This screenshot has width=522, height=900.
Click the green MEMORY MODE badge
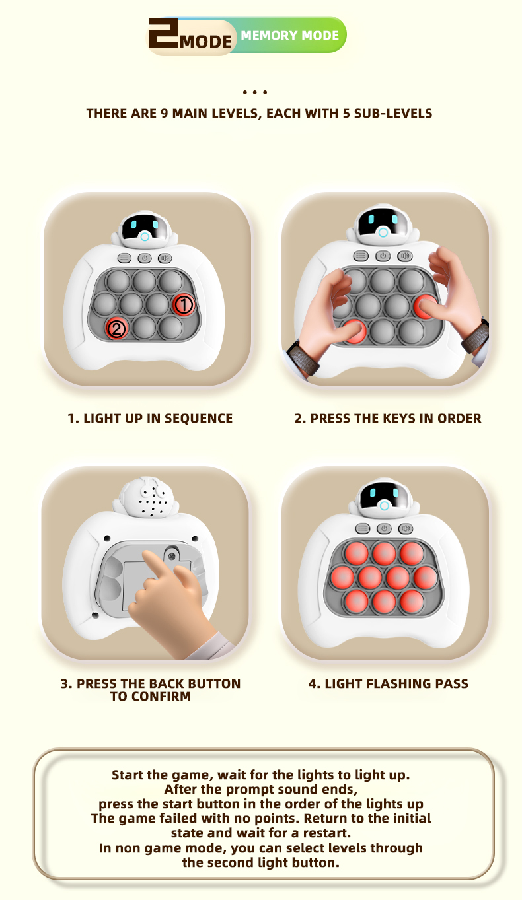[x=289, y=35]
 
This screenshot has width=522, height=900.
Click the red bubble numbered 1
[x=184, y=304]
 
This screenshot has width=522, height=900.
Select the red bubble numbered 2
[x=117, y=329]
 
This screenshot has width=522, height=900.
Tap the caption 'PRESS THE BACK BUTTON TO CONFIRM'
[x=151, y=689]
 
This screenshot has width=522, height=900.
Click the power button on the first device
[x=145, y=258]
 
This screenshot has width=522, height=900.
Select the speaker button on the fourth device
[x=405, y=528]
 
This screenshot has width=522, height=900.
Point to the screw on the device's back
[x=172, y=557]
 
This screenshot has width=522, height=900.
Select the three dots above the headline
[x=255, y=92]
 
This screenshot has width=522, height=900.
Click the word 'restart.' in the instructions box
[x=326, y=833]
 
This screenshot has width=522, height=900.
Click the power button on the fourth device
[x=384, y=528]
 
